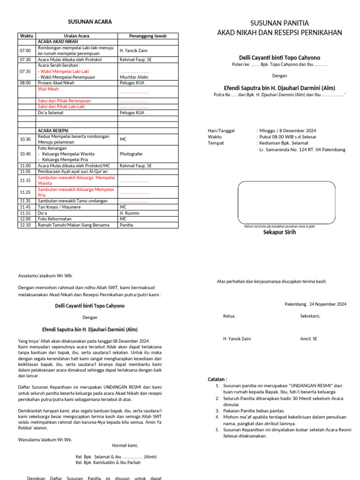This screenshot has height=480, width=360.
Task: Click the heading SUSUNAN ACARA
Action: [90, 22]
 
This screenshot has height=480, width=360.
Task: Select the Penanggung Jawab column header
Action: [148, 36]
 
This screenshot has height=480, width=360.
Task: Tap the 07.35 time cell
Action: [25, 71]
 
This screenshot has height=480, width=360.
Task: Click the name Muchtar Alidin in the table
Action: [135, 77]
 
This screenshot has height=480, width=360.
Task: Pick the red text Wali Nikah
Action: [48, 89]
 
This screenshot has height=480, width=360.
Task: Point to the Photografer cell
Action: [131, 154]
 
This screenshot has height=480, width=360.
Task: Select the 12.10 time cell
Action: [25, 225]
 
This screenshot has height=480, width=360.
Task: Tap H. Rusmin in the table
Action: [129, 213]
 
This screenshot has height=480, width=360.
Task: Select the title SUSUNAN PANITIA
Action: [279, 23]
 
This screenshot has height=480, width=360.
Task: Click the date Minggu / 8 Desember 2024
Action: [288, 131]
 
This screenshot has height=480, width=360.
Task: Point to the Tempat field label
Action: [216, 143]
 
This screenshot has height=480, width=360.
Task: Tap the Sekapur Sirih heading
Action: [279, 232]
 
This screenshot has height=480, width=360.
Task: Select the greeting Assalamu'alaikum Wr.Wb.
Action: [45, 276]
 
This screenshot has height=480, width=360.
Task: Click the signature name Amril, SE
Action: [308, 338]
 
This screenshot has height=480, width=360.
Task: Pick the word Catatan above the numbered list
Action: [217, 379]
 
